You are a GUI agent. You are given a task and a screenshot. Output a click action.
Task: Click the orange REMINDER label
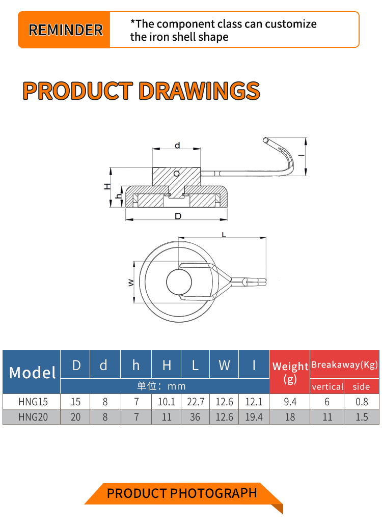pyautogui.click(x=65, y=30)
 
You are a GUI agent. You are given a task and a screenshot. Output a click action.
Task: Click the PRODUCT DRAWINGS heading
pyautogui.click(x=142, y=91)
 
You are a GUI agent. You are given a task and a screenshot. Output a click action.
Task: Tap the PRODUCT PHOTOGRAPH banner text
pyautogui.click(x=182, y=493)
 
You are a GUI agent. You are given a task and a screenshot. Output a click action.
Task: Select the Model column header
pyautogui.click(x=32, y=372)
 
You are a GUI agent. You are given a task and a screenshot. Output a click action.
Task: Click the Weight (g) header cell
pyautogui.click(x=290, y=372)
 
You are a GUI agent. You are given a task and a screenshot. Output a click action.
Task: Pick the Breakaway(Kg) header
pyautogui.click(x=345, y=365)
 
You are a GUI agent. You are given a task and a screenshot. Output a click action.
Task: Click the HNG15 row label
pyautogui.click(x=33, y=402)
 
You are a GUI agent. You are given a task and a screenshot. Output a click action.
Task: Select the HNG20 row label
pyautogui.click(x=33, y=417)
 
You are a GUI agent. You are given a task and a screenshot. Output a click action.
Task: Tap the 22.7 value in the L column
pyautogui.click(x=196, y=402)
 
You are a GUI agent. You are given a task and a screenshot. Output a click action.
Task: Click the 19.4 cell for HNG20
pyautogui.click(x=254, y=417)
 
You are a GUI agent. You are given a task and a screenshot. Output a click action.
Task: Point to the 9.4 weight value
pyautogui.click(x=290, y=402)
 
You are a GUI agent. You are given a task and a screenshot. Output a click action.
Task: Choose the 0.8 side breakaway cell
pyautogui.click(x=362, y=402)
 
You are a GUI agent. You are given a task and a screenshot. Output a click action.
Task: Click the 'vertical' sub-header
pyautogui.click(x=328, y=386)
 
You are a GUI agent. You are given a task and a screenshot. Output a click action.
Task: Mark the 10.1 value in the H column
pyautogui.click(x=167, y=402)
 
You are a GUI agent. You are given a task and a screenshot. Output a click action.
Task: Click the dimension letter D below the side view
pyautogui.click(x=178, y=216)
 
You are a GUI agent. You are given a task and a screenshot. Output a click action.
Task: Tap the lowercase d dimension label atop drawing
pyautogui.click(x=177, y=146)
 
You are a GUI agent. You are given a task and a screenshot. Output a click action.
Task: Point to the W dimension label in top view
pyautogui.click(x=131, y=282)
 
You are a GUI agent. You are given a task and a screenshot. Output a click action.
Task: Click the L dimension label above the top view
pyautogui.click(x=224, y=234)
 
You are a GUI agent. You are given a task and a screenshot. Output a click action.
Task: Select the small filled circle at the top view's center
pyautogui.click(x=179, y=282)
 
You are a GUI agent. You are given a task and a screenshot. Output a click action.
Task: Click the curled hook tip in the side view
pyautogui.click(x=266, y=140)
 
